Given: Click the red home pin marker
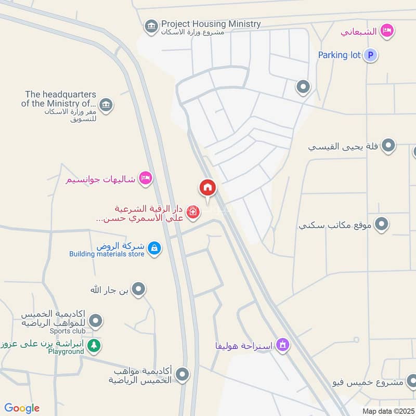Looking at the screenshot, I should (x=207, y=188).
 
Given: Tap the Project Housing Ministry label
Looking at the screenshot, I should (x=211, y=24).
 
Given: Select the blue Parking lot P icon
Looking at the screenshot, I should (x=370, y=55).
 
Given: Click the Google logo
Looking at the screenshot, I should (x=22, y=408).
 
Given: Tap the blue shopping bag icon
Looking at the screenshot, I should (x=154, y=249).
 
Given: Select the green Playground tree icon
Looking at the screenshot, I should (x=94, y=345).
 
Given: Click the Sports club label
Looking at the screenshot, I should (x=67, y=331).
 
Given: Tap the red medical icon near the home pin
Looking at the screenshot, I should (x=193, y=212).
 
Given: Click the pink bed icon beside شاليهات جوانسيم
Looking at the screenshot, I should (x=146, y=179).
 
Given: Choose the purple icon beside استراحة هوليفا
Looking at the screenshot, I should (x=282, y=345).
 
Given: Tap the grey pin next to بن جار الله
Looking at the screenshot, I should (x=138, y=289).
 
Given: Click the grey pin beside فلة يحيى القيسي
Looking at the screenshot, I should (x=388, y=147).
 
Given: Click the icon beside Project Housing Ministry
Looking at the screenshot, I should (x=151, y=26).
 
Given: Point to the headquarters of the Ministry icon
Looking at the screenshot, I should (x=106, y=104).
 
